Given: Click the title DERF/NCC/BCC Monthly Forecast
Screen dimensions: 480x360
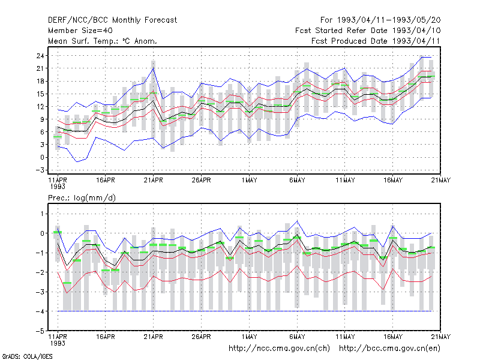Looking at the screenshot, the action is tap(112, 20).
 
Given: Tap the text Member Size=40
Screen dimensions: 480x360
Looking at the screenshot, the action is tap(80, 31).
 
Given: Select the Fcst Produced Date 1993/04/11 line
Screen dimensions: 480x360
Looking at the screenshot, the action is tap(376, 41).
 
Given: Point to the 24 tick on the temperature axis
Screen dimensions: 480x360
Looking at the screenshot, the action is tap(40, 56).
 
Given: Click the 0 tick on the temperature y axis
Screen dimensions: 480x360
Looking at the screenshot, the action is tap(42, 157).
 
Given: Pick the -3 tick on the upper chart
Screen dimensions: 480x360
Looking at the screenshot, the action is tap(40, 170).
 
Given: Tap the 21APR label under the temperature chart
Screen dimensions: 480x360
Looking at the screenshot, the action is tap(154, 180).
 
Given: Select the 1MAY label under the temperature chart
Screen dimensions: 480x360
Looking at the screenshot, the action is tap(249, 180).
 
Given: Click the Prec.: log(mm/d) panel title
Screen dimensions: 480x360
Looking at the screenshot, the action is tap(82, 198).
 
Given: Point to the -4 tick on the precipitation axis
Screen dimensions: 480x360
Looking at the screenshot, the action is tap(40, 311).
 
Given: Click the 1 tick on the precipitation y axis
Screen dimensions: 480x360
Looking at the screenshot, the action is tap(42, 214).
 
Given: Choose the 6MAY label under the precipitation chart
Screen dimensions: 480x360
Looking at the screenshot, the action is tap(297, 337).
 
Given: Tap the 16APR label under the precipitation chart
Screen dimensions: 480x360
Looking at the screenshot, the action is tap(106, 337).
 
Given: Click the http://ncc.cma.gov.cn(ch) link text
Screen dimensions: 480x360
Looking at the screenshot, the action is tap(279, 349).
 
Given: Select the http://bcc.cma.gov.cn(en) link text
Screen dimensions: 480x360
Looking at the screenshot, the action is tap(389, 349).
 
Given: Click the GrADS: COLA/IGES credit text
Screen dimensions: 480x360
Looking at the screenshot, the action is tap(27, 356).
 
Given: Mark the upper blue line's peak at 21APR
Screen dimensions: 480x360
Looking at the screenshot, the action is tap(154, 68).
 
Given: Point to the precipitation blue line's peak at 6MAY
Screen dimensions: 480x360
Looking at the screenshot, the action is tap(297, 221).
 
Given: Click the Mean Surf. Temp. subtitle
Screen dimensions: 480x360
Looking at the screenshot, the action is tap(102, 41).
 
